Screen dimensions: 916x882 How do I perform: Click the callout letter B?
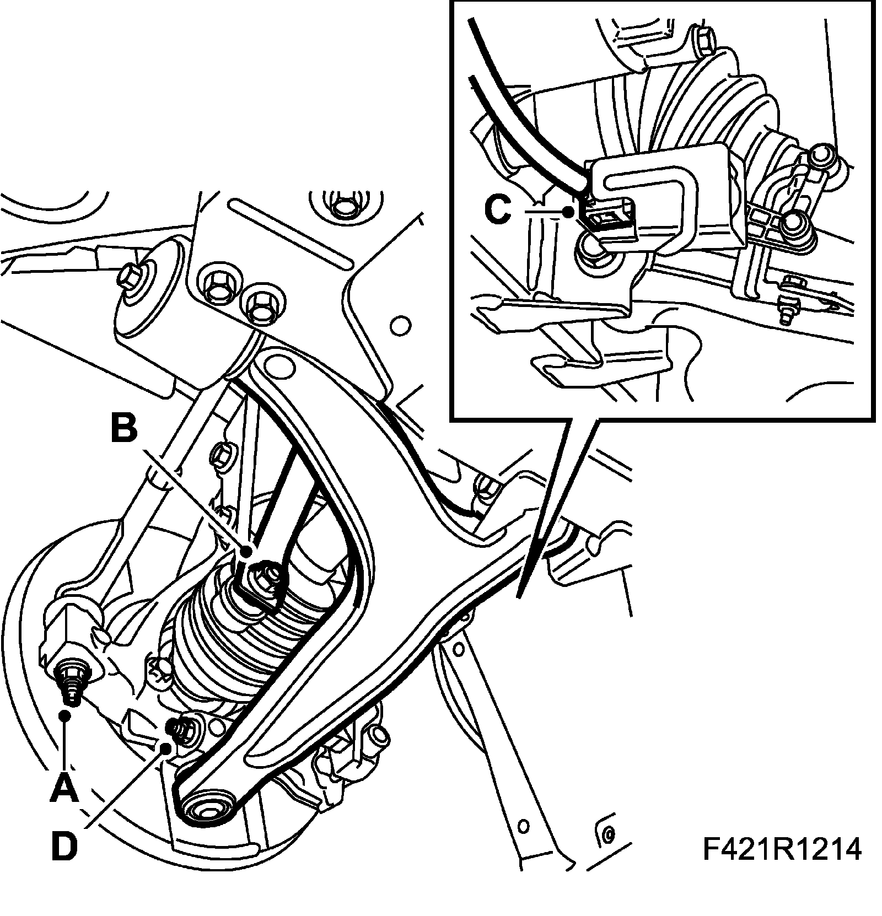124,428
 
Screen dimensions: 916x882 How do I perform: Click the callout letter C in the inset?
498,209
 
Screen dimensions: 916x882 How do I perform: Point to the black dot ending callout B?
247,551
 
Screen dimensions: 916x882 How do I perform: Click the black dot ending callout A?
65,715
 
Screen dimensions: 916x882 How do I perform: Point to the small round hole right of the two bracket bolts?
401,325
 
